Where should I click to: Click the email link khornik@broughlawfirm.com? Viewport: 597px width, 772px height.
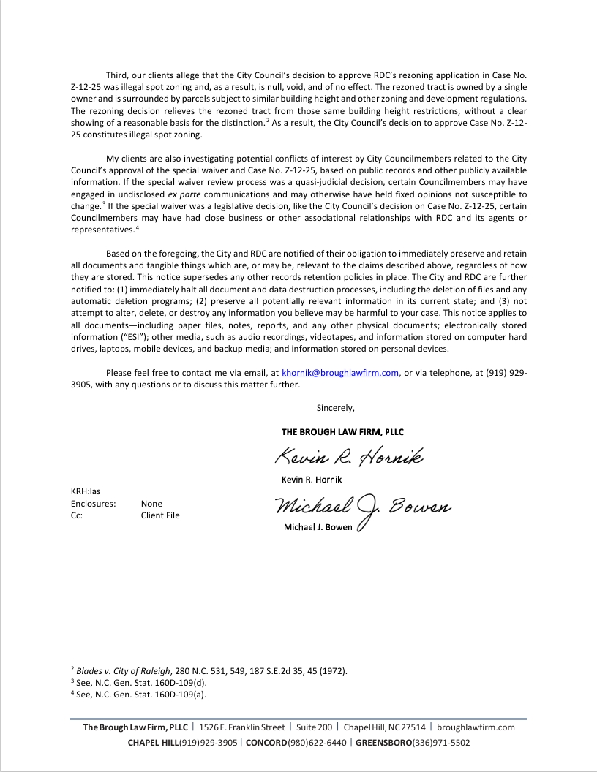(x=339, y=373)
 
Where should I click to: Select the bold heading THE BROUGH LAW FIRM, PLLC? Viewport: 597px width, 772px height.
(x=342, y=432)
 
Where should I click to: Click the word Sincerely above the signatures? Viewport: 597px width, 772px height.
(x=335, y=408)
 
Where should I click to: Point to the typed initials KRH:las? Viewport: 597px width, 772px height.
(x=86, y=492)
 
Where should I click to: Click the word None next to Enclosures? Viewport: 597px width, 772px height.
(x=151, y=504)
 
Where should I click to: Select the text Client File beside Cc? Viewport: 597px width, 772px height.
(x=160, y=515)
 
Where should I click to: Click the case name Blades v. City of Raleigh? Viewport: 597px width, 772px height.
(x=123, y=670)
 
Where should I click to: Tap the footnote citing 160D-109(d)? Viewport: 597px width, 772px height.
(x=138, y=682)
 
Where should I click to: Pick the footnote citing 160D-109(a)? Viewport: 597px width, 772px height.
(x=138, y=694)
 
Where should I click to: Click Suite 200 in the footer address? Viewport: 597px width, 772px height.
(x=315, y=727)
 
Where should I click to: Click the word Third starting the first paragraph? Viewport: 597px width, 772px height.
(x=118, y=75)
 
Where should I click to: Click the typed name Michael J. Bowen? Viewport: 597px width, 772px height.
(x=318, y=528)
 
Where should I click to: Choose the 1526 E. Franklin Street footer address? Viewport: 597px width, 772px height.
(x=241, y=727)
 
